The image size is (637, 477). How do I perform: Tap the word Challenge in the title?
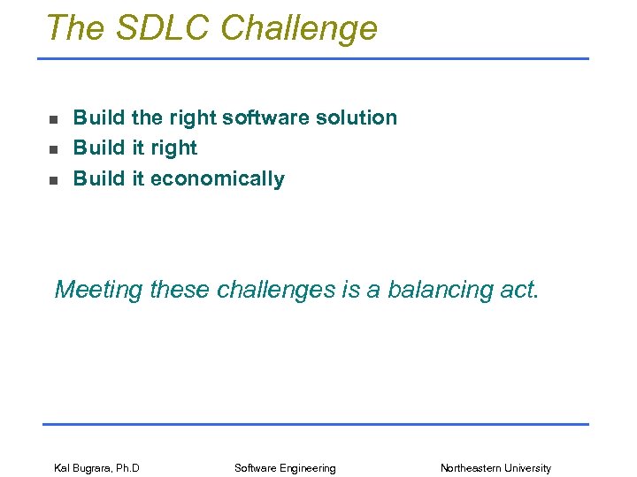tap(299, 28)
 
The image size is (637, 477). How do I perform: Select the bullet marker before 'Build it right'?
tap(53, 149)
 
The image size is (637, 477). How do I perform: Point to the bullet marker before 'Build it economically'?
tap(53, 180)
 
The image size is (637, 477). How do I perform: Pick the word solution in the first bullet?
tap(357, 117)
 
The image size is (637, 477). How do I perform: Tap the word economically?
tap(218, 178)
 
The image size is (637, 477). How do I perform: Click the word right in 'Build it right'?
tap(174, 148)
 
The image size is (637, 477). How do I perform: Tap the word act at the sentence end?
tap(518, 290)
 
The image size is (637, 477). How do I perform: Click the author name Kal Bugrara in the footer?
tap(81, 468)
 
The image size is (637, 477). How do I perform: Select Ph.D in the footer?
tap(127, 468)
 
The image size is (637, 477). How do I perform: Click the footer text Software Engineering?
tap(285, 468)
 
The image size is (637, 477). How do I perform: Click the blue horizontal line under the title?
tap(312, 59)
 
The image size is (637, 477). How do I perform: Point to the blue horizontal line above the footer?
tap(315, 424)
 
